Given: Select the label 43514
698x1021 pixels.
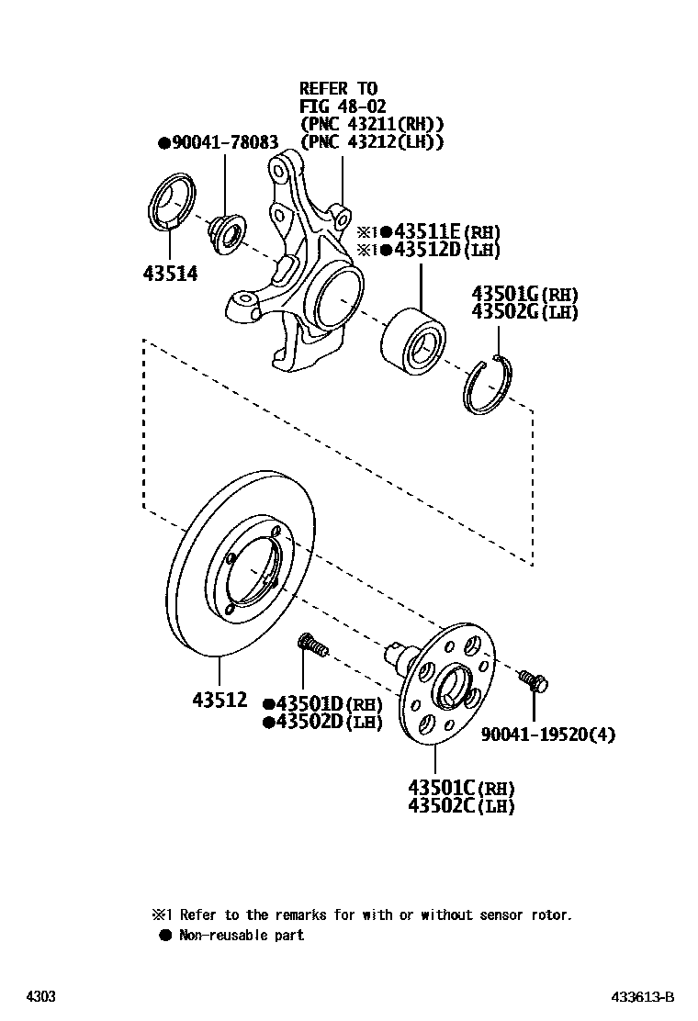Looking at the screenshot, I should [x=170, y=273].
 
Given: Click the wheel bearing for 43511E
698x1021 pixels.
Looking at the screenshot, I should [x=411, y=341].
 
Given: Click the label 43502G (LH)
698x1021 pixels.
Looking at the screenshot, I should [x=524, y=312].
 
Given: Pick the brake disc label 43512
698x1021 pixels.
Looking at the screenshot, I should [x=220, y=700].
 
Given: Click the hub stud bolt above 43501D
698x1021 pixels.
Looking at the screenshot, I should [x=312, y=646].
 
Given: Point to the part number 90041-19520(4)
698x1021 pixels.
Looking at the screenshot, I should [x=548, y=734].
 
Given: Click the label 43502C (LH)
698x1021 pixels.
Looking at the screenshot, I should [x=461, y=806].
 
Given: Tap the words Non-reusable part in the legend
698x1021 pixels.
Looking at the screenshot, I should [x=241, y=935].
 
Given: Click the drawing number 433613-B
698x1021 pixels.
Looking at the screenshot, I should [x=644, y=997].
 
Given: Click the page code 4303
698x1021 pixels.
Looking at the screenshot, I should [x=39, y=997].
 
